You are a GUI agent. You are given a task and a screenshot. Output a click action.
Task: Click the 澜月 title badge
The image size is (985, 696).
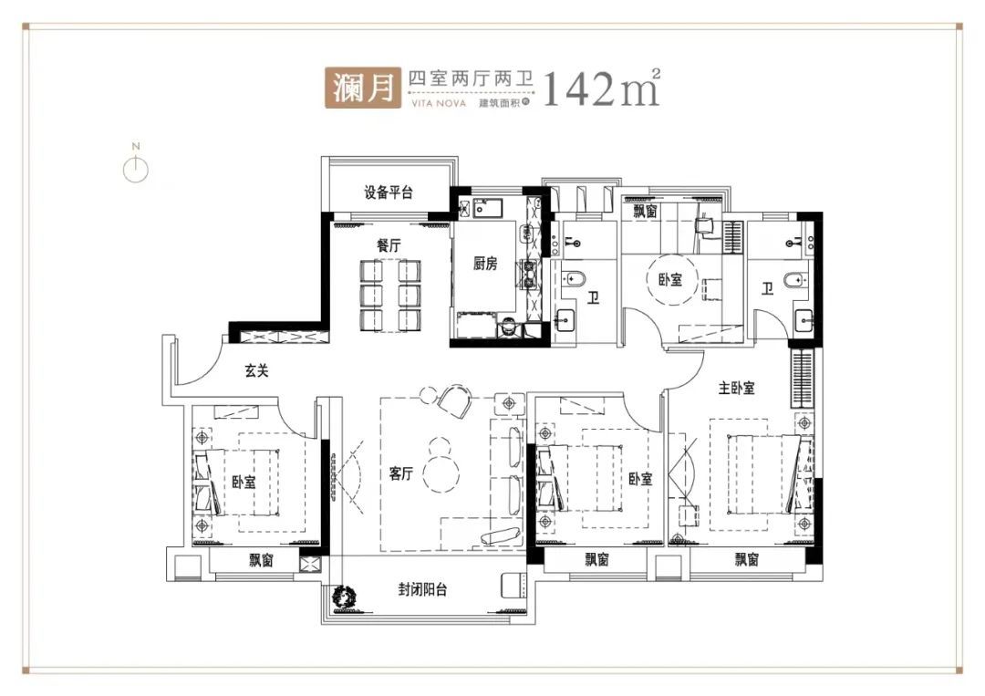(x=363, y=88)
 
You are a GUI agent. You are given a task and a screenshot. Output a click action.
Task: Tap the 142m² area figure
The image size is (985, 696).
(x=600, y=88)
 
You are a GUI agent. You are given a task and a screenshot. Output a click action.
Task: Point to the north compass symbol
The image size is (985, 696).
(x=136, y=165)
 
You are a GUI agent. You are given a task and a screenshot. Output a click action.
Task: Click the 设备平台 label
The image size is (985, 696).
(x=389, y=192)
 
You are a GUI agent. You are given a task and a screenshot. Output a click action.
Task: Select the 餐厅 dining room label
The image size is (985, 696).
(x=389, y=245)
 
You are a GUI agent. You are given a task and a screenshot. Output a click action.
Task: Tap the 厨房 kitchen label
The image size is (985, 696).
(x=485, y=264)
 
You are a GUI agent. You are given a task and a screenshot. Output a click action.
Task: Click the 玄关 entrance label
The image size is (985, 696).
(x=257, y=371)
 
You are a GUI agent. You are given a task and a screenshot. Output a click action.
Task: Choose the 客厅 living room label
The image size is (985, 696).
(x=400, y=473)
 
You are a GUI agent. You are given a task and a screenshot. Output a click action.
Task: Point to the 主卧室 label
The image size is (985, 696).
(x=736, y=389)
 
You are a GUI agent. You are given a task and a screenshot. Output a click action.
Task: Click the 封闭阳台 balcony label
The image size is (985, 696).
(x=423, y=590)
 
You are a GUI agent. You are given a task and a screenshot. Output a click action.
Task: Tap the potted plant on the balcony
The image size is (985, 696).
(x=345, y=596)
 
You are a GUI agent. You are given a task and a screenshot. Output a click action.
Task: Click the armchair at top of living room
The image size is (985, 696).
(x=455, y=400)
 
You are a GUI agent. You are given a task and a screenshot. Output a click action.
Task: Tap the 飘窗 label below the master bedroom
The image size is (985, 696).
(x=747, y=559)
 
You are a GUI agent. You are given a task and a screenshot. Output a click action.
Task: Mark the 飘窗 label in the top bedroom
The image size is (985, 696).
(x=645, y=211)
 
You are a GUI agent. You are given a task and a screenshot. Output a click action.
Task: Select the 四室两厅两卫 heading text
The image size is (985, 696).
(x=471, y=78)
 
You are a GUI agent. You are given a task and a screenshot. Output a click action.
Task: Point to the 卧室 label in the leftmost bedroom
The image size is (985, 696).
(x=244, y=483)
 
